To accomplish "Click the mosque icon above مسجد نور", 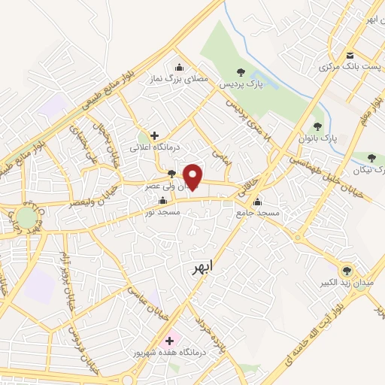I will click(163, 200).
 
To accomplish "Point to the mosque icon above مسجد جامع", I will click(258, 201).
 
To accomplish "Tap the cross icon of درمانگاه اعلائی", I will click(155, 136).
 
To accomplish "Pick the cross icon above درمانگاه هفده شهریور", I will click(169, 340).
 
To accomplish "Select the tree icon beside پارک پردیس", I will click(241, 72).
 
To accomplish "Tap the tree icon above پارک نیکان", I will click(371, 158).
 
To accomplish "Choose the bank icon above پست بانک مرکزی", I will click(350, 56).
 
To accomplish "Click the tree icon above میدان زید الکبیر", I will click(347, 271).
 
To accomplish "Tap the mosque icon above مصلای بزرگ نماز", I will click(179, 65).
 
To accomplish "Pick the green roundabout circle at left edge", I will click(28, 217).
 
